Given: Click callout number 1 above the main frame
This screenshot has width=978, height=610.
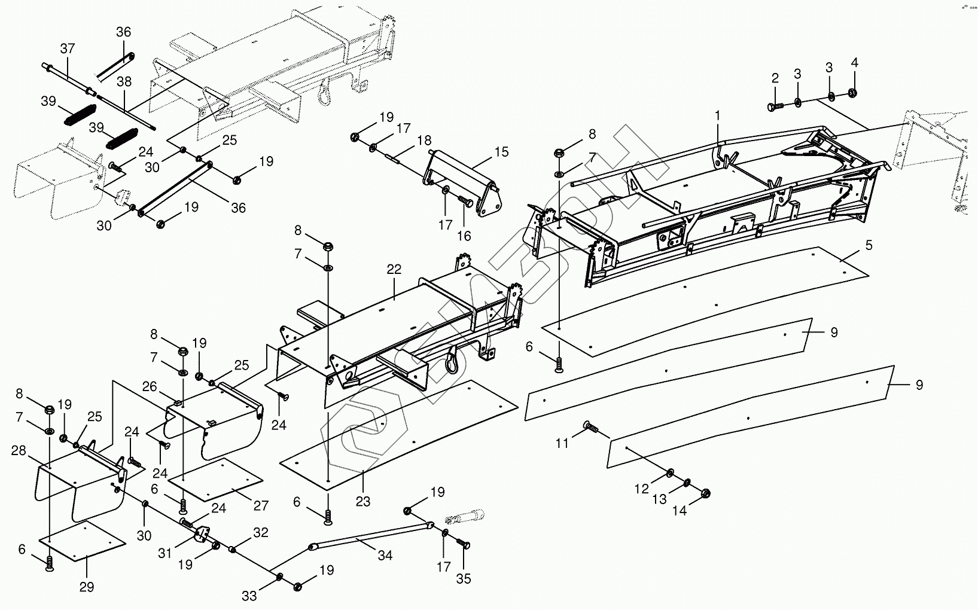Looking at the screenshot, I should (717, 115).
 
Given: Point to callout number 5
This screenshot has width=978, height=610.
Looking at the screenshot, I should (869, 245).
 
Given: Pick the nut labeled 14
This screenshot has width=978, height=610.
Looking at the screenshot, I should (705, 493).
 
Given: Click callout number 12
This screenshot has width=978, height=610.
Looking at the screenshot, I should (641, 489).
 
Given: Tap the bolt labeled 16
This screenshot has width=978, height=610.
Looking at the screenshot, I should (466, 202).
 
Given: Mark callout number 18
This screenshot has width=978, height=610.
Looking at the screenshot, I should (424, 141).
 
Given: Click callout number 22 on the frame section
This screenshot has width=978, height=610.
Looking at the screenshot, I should (394, 269).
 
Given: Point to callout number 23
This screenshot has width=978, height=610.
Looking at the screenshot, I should (363, 501).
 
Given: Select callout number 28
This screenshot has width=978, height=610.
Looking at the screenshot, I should (19, 450).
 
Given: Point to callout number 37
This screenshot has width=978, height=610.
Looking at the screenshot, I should (68, 48).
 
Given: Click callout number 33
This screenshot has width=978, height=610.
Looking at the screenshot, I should (249, 596).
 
